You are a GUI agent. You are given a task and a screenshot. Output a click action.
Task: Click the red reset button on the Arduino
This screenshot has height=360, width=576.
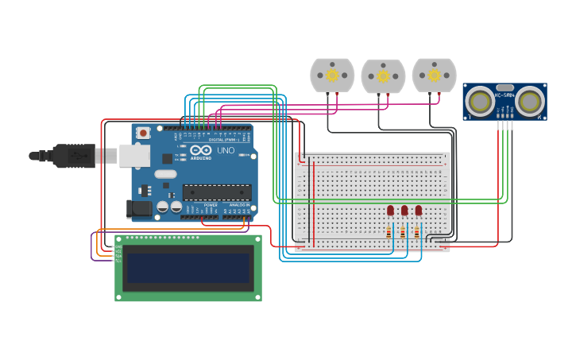tap(143, 133)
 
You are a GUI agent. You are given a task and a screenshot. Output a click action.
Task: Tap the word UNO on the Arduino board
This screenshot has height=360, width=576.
tap(226, 150)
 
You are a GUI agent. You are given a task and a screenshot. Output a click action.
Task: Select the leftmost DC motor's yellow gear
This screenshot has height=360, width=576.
tap(332, 75)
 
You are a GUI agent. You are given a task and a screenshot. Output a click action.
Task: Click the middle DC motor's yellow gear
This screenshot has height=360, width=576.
tap(383, 76)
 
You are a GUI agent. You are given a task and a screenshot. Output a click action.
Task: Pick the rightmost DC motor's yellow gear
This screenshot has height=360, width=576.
tap(434, 75)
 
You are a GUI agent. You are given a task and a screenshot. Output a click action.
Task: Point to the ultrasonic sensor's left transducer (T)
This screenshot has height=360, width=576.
tap(479, 102)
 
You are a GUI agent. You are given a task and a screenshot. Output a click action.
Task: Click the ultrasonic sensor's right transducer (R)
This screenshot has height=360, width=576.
tap(531, 102)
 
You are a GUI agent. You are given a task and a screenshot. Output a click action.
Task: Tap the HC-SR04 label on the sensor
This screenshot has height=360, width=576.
tap(504, 95)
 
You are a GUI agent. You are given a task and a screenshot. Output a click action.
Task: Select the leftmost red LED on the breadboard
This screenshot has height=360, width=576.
tap(390, 210)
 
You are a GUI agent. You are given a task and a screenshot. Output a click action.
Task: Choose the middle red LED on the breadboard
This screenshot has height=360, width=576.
tap(404, 210)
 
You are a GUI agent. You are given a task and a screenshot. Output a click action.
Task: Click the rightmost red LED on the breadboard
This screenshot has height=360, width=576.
tap(419, 210)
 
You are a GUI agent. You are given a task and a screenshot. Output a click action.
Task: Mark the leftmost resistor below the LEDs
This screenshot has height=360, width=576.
tap(389, 233)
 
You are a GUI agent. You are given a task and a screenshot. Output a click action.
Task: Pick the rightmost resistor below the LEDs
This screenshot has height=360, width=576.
tap(416, 233)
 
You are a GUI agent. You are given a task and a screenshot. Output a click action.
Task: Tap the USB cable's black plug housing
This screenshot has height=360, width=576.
tap(75, 156)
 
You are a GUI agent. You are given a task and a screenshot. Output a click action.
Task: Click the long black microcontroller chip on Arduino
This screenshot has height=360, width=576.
tap(217, 192)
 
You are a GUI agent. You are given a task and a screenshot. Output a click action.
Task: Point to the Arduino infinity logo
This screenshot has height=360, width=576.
tap(201, 149)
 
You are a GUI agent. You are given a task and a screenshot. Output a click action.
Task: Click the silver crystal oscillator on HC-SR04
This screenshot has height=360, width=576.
tap(504, 87)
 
